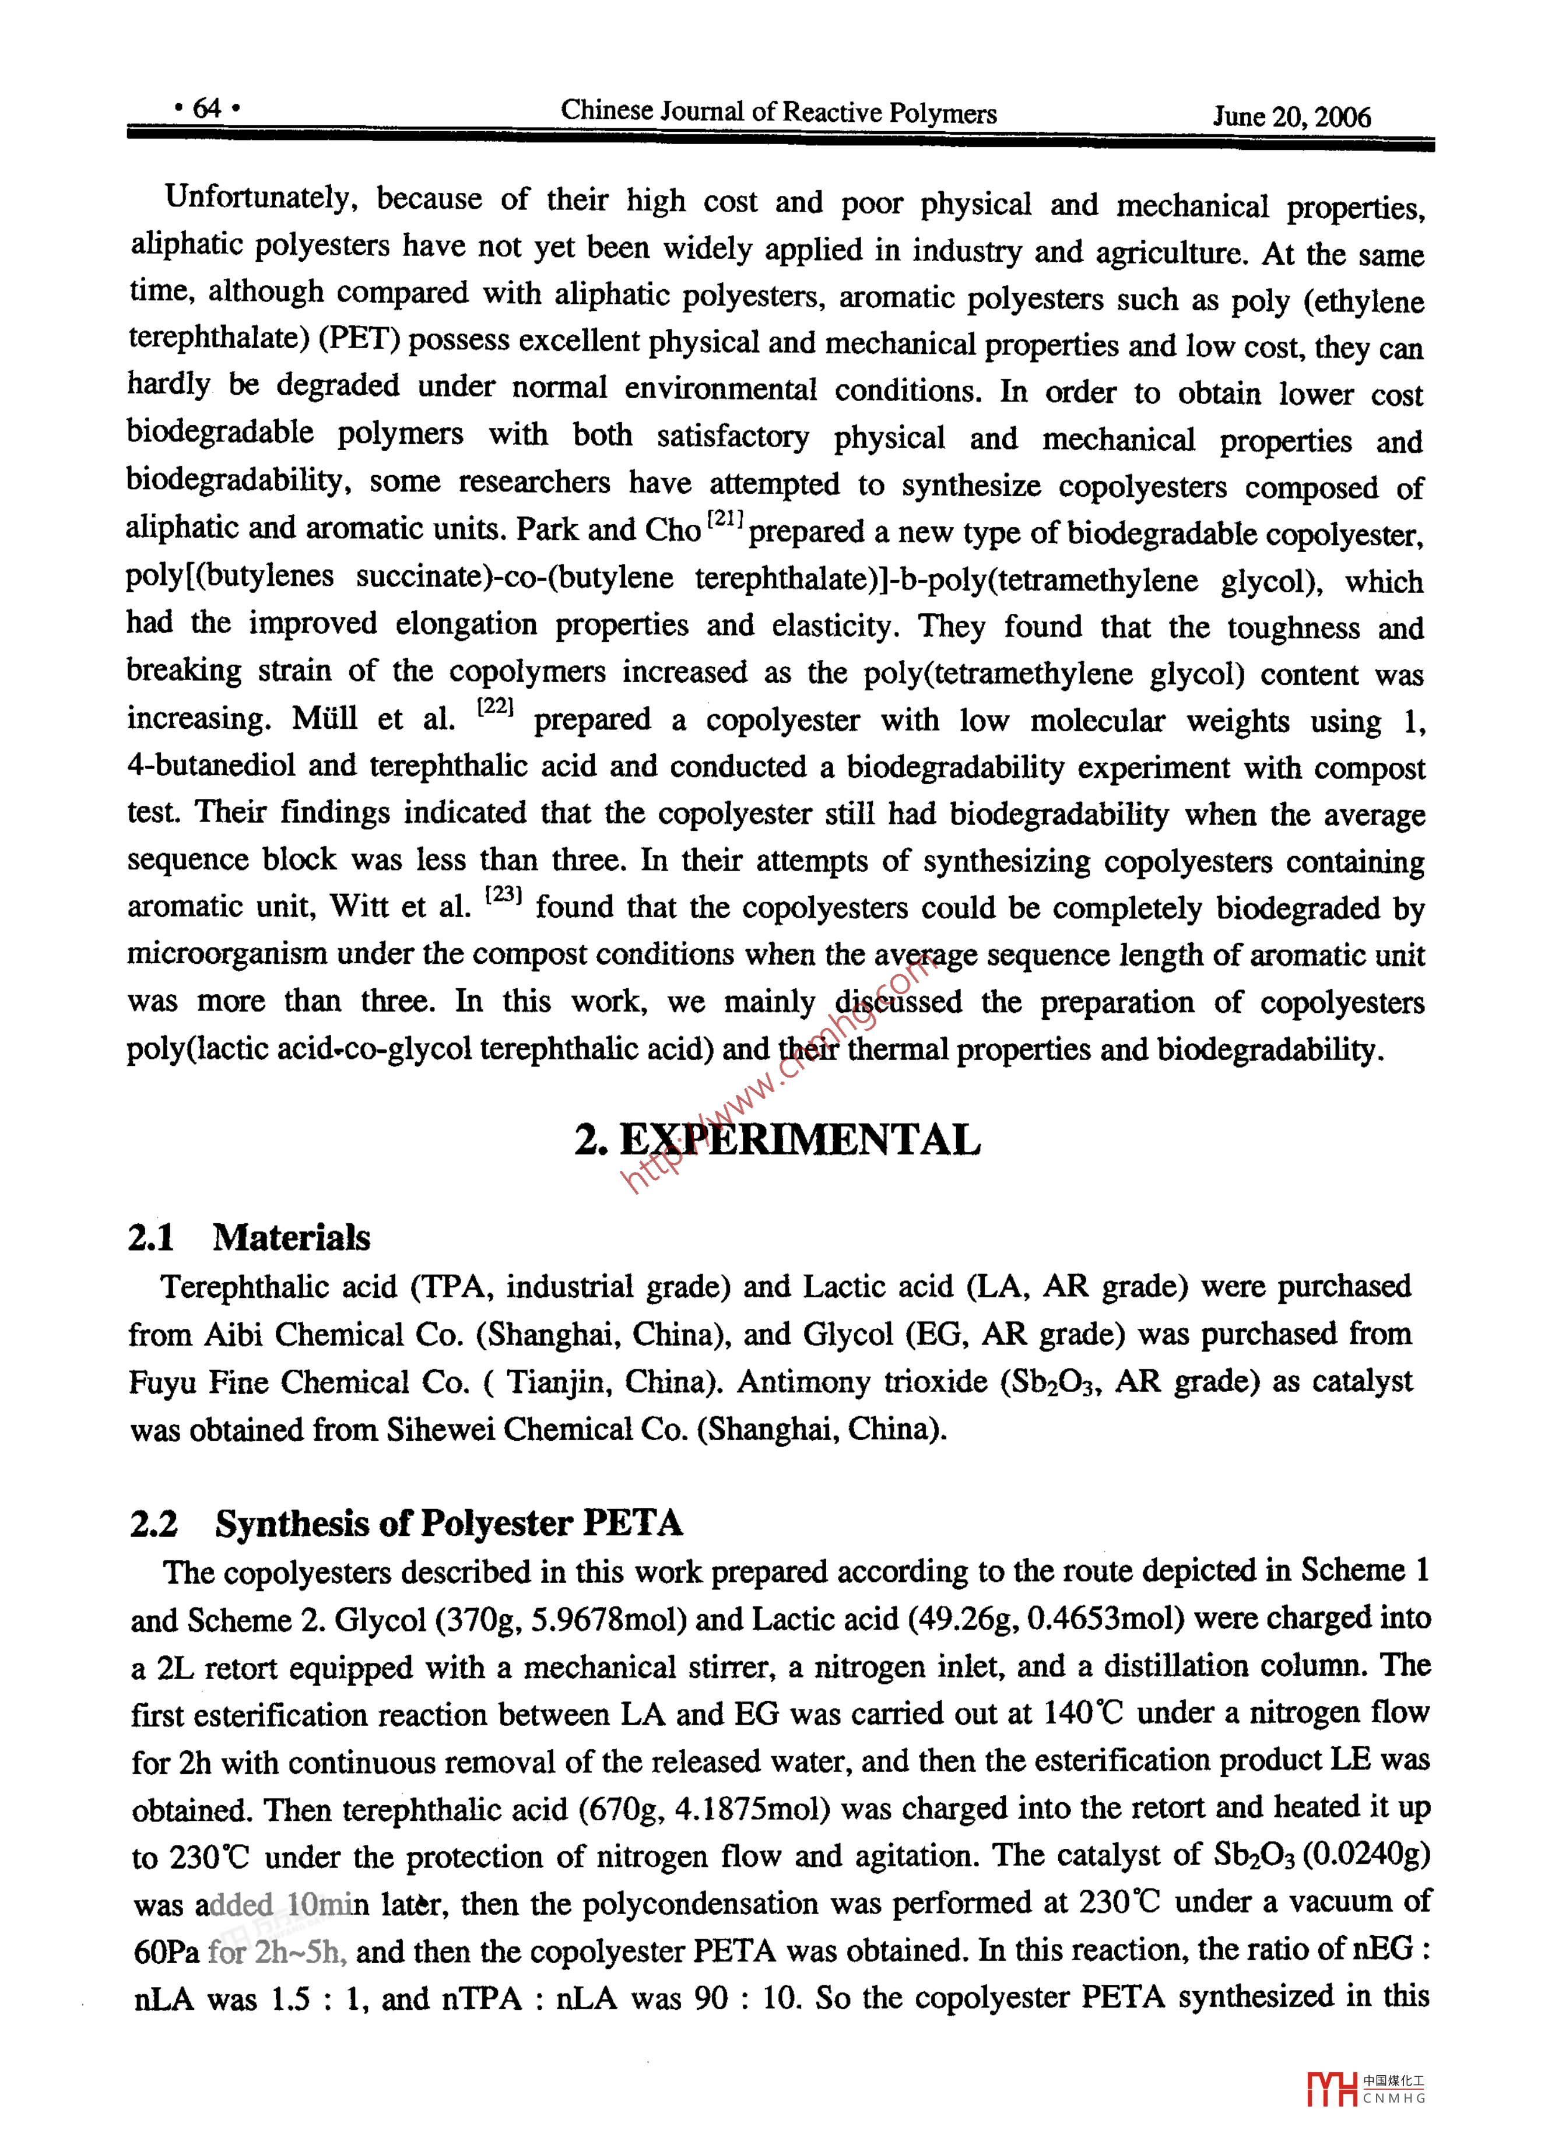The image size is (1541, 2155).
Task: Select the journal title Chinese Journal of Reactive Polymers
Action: tap(778, 112)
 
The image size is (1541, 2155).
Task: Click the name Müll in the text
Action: tap(325, 719)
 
